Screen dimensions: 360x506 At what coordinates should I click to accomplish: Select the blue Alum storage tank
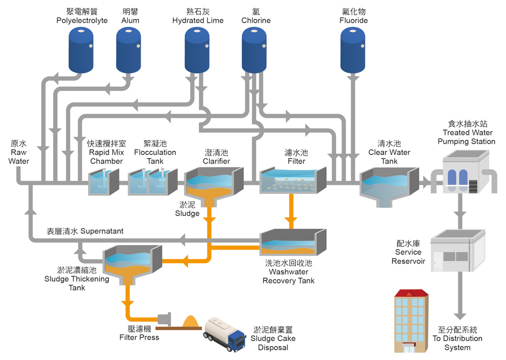[x=129, y=49]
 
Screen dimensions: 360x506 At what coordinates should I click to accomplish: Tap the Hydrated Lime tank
[x=197, y=49]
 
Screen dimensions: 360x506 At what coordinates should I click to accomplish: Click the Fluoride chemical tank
[x=353, y=49]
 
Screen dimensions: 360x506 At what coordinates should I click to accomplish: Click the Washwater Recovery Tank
[x=292, y=243]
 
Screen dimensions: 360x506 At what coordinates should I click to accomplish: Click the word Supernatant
[x=102, y=231]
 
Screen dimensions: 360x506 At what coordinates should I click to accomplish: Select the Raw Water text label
[x=19, y=152]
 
